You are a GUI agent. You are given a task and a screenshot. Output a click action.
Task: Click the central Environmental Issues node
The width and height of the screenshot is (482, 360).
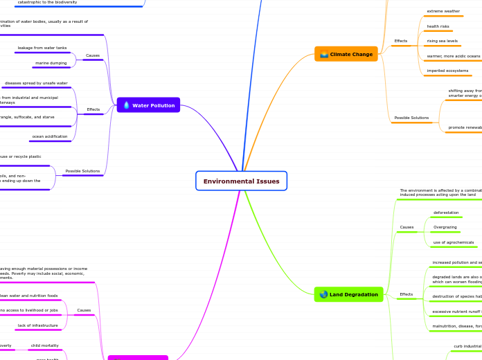[x=241, y=181]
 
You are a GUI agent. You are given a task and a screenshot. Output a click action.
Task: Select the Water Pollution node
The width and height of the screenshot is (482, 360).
[x=148, y=105]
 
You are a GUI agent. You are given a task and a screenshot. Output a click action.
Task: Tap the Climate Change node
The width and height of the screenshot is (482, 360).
[x=346, y=54]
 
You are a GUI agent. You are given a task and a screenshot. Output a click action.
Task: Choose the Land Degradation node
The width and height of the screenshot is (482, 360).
[x=348, y=294]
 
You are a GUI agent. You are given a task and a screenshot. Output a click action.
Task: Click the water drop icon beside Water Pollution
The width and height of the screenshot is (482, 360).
[x=126, y=105]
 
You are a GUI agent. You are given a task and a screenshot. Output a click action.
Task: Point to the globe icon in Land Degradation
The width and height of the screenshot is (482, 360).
[x=324, y=294]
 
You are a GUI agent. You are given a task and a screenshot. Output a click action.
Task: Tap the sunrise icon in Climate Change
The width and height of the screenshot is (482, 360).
[x=323, y=54]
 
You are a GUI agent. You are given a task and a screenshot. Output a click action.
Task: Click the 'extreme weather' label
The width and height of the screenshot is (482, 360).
[x=443, y=11]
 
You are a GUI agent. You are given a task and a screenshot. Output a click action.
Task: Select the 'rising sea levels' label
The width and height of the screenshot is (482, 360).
[x=442, y=41]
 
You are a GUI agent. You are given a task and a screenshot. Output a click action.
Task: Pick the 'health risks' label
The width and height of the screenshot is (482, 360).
[x=438, y=26]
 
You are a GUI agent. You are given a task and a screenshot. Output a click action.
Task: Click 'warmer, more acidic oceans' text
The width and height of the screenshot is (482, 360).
[x=453, y=56]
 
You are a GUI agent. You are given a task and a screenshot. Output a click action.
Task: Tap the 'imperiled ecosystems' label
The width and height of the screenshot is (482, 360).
[x=447, y=71]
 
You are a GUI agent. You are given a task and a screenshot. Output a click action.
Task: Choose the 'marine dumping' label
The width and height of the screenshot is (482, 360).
[x=51, y=63]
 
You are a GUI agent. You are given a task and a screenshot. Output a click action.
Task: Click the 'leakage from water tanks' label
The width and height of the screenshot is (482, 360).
[x=42, y=48]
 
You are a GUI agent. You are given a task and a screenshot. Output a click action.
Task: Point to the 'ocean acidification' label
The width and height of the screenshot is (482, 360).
[x=50, y=136]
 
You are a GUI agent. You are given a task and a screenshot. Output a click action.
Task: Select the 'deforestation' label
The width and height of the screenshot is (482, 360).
[x=446, y=213]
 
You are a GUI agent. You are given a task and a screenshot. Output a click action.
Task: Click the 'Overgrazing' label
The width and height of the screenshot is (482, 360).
[x=445, y=227]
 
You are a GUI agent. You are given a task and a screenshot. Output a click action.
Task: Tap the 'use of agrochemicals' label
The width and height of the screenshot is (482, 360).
[x=454, y=242]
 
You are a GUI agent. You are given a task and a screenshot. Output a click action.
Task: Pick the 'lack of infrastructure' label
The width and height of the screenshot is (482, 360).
[x=37, y=325]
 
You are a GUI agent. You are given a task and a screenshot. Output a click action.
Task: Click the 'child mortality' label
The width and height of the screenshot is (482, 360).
[x=44, y=345]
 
